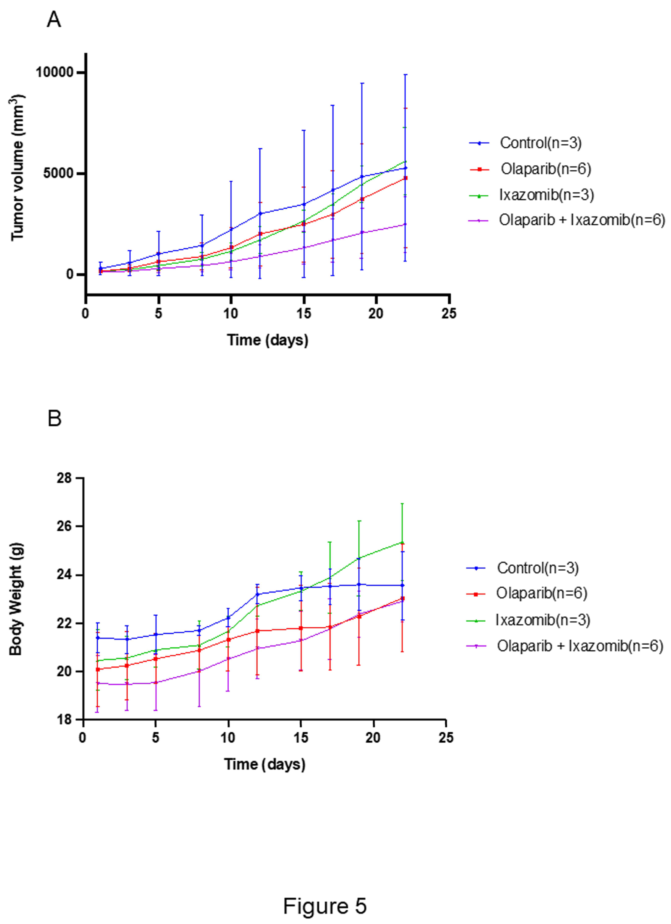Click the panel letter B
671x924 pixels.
click(x=55, y=418)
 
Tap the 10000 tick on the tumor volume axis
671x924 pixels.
click(x=55, y=73)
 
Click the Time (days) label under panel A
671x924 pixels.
click(x=268, y=340)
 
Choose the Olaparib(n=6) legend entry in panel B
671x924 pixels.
click(x=541, y=593)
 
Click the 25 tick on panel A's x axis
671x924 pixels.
click(x=449, y=314)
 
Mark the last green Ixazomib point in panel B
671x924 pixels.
click(x=402, y=543)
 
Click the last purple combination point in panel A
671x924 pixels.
click(x=405, y=224)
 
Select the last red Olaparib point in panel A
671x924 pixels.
click(x=405, y=178)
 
